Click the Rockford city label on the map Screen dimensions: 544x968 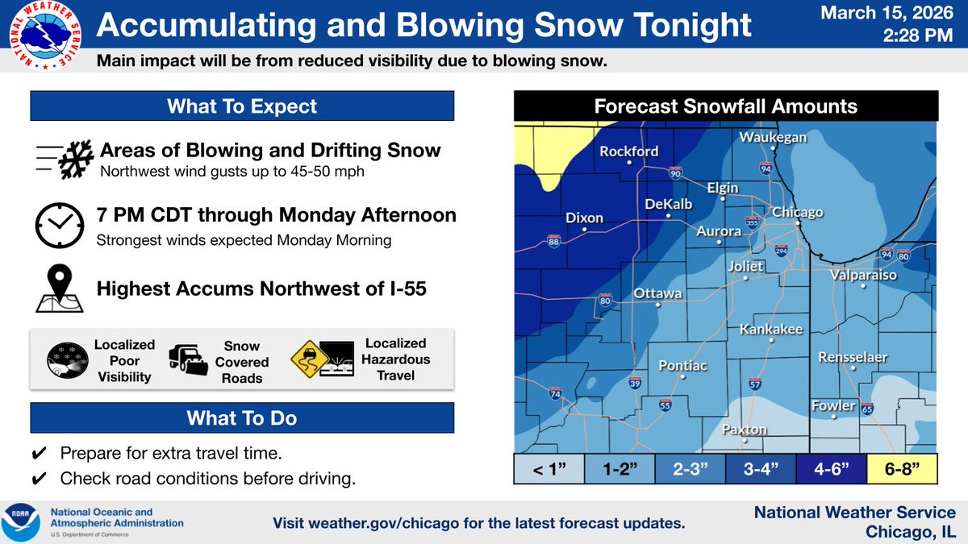pos(628,152)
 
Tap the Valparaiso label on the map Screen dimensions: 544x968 pos(864,276)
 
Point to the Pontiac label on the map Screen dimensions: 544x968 pos(682,366)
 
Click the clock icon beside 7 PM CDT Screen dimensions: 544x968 pos(59,226)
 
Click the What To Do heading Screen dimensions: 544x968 pos(241,417)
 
